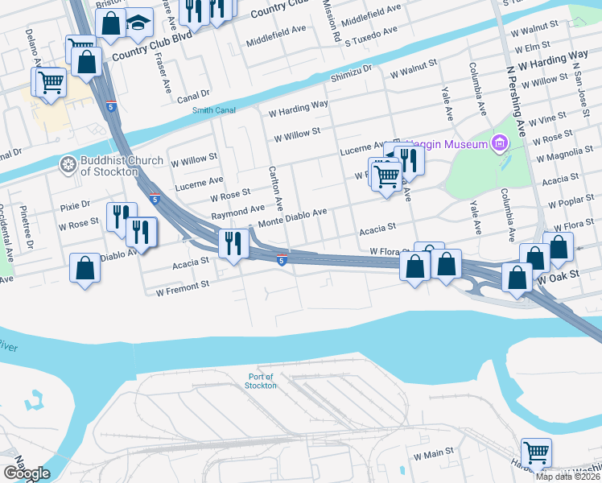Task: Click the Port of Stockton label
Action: [260, 381]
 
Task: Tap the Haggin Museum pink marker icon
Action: [500, 144]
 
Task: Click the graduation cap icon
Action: [139, 23]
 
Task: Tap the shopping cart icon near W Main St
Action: [535, 453]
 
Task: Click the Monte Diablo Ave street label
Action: [292, 213]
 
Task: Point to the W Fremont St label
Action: [183, 284]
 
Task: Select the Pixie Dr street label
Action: [75, 206]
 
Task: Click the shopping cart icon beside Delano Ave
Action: [50, 81]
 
